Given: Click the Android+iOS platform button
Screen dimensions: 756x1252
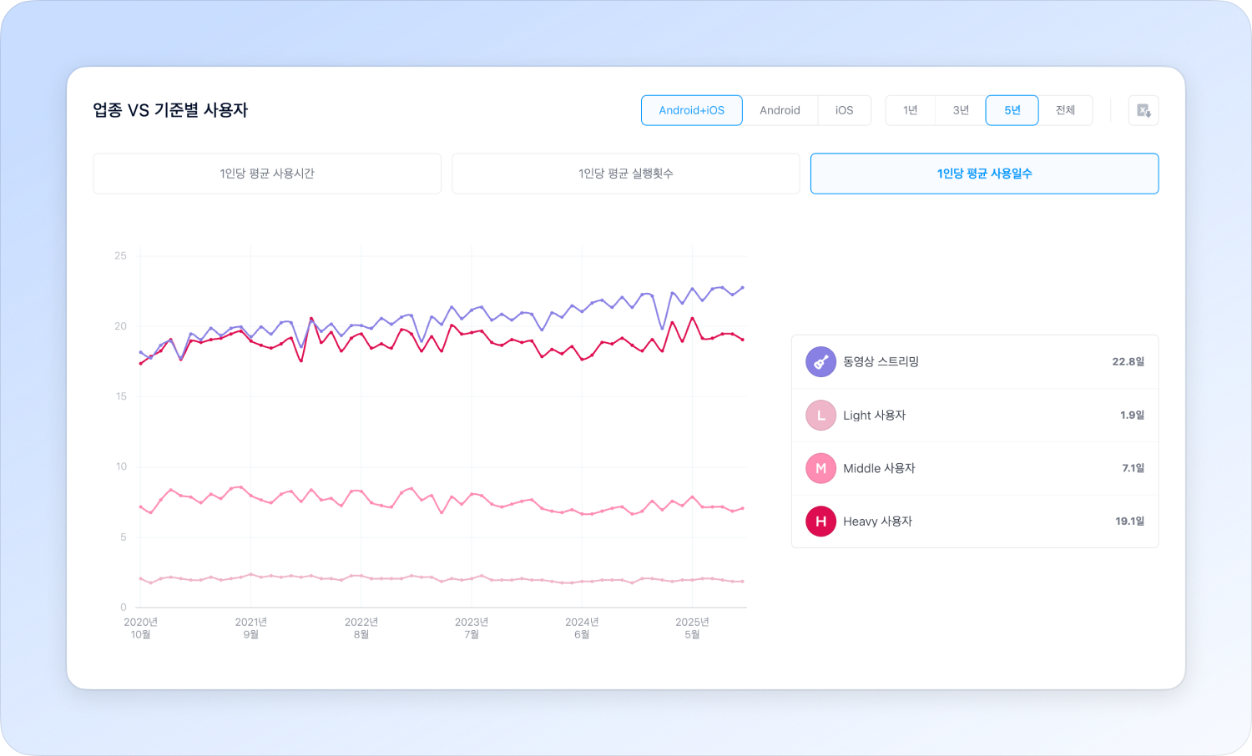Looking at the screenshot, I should [x=691, y=110].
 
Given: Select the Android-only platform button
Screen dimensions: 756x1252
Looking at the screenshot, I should [x=780, y=110].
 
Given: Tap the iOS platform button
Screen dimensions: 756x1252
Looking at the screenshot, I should [x=844, y=110].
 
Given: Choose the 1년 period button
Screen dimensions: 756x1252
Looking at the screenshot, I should [x=910, y=110].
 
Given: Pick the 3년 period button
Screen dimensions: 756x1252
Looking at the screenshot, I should [x=961, y=110].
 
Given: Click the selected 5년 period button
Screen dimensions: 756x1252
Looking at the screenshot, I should [x=1012, y=110].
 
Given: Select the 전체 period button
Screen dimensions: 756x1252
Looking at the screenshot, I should [x=1065, y=110].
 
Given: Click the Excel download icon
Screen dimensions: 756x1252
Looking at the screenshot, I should [x=1143, y=110].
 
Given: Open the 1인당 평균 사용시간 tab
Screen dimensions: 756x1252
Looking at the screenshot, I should [x=267, y=174].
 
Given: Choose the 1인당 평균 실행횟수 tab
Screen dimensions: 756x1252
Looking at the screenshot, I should [x=626, y=174].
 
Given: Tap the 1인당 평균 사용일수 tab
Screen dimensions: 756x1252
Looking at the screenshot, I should [x=984, y=174].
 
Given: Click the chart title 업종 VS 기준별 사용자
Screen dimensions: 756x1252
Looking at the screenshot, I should [x=170, y=110].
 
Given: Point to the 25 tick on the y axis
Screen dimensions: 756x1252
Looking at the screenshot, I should [x=121, y=255].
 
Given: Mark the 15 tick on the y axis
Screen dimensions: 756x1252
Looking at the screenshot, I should [x=121, y=396].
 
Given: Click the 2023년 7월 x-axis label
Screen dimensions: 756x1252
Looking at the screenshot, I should [x=472, y=628].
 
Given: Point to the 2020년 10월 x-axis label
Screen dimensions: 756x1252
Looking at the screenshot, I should [x=140, y=628].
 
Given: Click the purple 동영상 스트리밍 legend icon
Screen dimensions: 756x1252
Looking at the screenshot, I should [x=820, y=362].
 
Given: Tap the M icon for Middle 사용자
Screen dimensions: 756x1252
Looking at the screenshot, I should [x=820, y=468].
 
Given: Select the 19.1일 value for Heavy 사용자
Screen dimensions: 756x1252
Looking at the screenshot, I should [x=1129, y=522].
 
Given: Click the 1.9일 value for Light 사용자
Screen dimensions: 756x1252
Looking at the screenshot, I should [x=1132, y=416].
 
